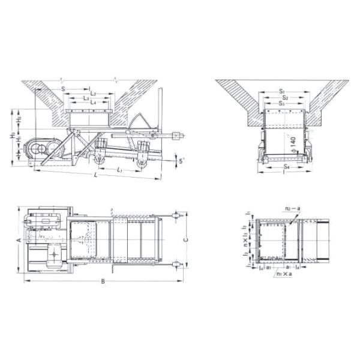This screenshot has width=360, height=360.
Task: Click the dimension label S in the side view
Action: coord(63,89)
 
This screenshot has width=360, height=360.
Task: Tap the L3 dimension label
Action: coord(88,98)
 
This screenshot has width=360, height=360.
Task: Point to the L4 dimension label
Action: coord(93,103)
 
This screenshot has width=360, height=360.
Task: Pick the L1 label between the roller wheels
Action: coord(120,170)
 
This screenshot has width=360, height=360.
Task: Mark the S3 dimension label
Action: coord(281,103)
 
